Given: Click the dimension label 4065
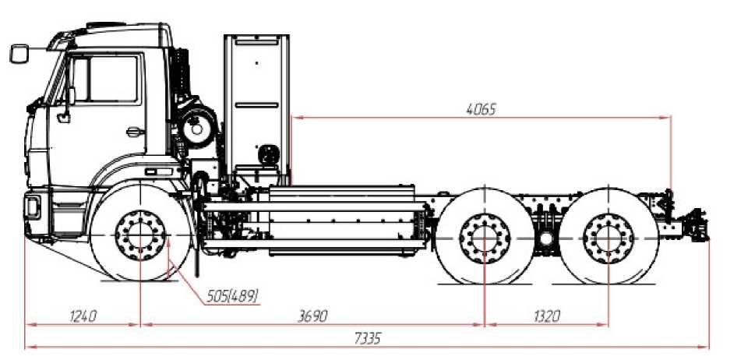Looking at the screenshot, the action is pos(481,110).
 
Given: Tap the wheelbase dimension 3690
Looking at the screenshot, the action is pos(312,316).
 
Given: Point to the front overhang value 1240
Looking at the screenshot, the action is pos(83,316).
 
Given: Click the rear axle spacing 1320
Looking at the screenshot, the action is pos(547,316).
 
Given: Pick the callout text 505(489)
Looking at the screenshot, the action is pos(232,296).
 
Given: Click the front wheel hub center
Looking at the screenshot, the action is pos(140,235).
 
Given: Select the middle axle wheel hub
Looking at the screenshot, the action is pos(485,238).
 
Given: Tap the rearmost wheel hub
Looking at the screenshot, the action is pos(609,238).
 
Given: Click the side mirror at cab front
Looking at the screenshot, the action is pos(19,54).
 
